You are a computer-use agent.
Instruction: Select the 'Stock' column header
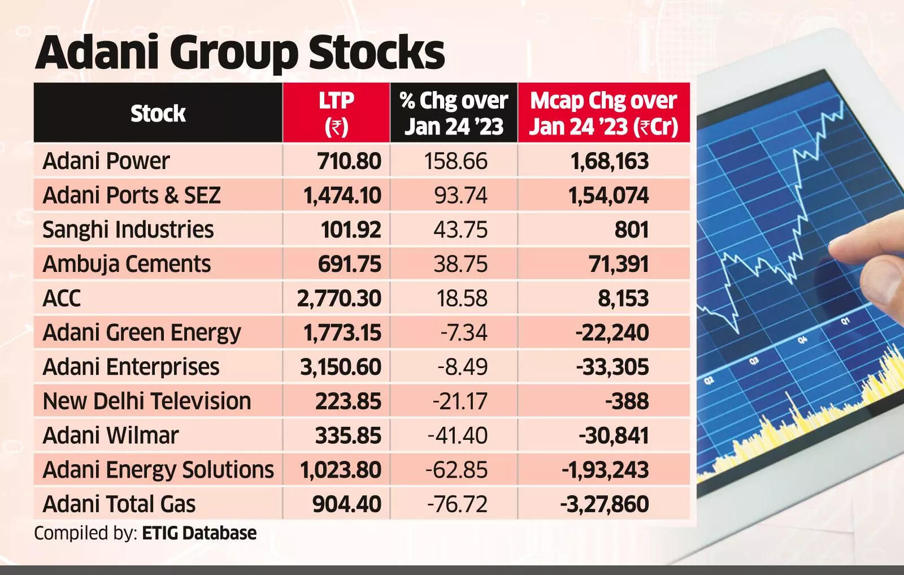tap(158, 113)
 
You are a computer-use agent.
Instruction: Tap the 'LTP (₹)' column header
tap(336, 113)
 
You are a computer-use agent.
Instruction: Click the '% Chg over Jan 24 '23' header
tap(454, 113)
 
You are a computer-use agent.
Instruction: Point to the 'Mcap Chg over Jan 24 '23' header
tap(603, 113)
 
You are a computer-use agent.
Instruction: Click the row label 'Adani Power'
tap(106, 161)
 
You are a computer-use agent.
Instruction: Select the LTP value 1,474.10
tap(342, 196)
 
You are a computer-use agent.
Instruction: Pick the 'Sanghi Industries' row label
tap(128, 230)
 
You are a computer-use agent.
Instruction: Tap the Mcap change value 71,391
tap(619, 264)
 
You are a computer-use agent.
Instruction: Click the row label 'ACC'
tap(62, 299)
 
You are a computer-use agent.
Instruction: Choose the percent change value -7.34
tap(463, 332)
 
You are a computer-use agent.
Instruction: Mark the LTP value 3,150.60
tap(340, 367)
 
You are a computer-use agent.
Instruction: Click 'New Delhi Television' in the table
tap(147, 401)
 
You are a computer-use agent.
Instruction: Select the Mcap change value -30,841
tap(614, 436)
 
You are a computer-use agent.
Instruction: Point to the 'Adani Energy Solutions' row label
tap(158, 470)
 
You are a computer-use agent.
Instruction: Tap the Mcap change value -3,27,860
tap(605, 504)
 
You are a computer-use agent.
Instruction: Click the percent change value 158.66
tap(455, 161)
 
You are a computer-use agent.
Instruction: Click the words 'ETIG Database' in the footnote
tap(199, 533)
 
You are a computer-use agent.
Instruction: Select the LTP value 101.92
tap(351, 230)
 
